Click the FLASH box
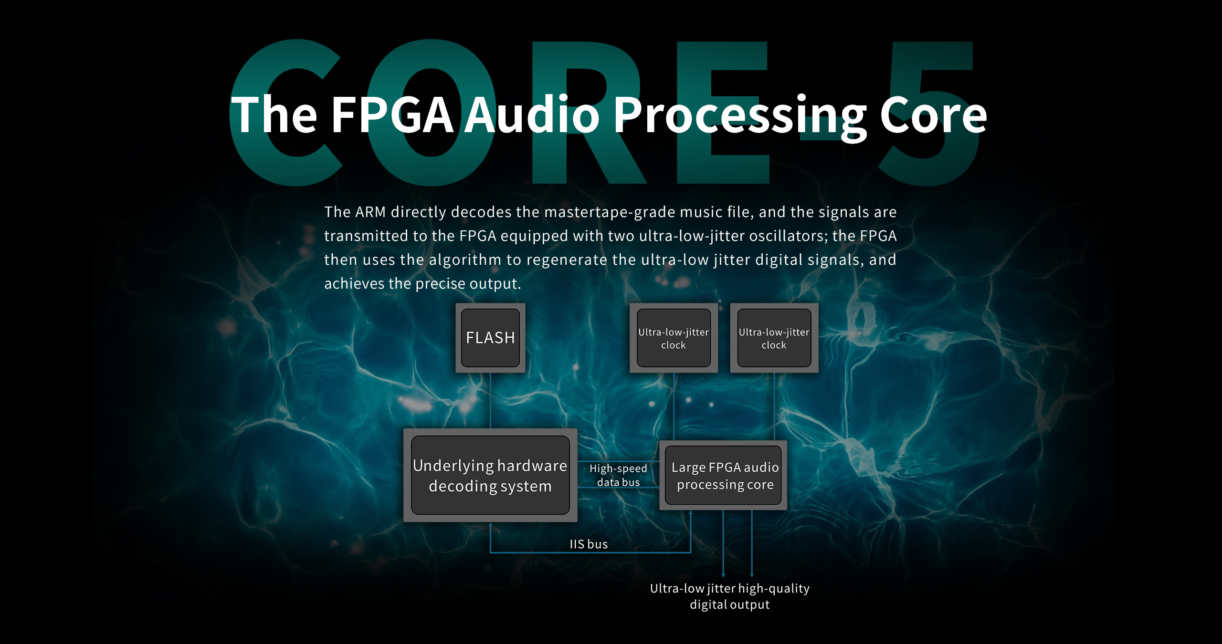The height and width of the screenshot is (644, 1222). (x=490, y=338)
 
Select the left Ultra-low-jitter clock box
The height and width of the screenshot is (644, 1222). (x=674, y=338)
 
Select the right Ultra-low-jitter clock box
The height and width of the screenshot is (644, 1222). (x=774, y=338)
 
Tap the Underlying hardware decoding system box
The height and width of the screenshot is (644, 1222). (x=490, y=475)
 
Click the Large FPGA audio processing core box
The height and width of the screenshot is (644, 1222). (x=723, y=475)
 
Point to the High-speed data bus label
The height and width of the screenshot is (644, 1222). (x=618, y=475)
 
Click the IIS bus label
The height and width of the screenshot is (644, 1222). (x=589, y=544)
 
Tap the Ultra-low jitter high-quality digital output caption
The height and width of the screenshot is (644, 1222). (x=730, y=596)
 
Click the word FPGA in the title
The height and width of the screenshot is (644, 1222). (x=392, y=114)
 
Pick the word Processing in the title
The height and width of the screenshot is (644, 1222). (x=740, y=117)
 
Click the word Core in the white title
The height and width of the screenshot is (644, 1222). (x=934, y=115)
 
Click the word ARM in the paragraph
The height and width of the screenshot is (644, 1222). (x=370, y=212)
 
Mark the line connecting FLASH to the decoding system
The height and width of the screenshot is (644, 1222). (x=490, y=401)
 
